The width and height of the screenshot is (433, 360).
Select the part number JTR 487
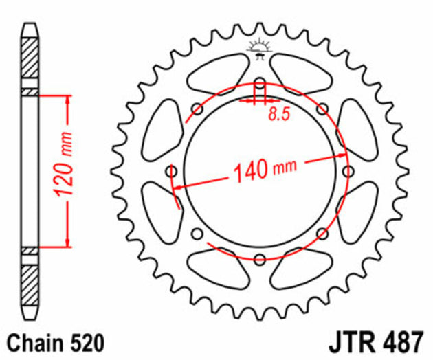(x=386, y=341)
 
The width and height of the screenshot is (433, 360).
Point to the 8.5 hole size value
(x=278, y=115)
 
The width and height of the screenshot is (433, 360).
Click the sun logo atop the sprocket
(x=260, y=48)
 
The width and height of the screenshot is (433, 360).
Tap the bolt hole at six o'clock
(x=260, y=259)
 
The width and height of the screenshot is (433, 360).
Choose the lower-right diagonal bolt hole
(x=322, y=234)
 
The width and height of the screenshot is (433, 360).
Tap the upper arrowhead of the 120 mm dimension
(x=67, y=100)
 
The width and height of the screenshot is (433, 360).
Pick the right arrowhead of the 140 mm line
(x=343, y=157)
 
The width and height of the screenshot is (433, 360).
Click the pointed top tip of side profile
(x=30, y=25)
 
